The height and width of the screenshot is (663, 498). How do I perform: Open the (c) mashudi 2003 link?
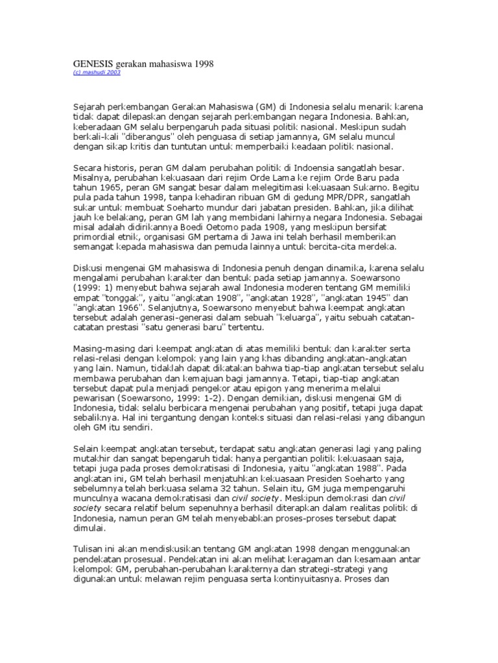click(94, 73)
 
